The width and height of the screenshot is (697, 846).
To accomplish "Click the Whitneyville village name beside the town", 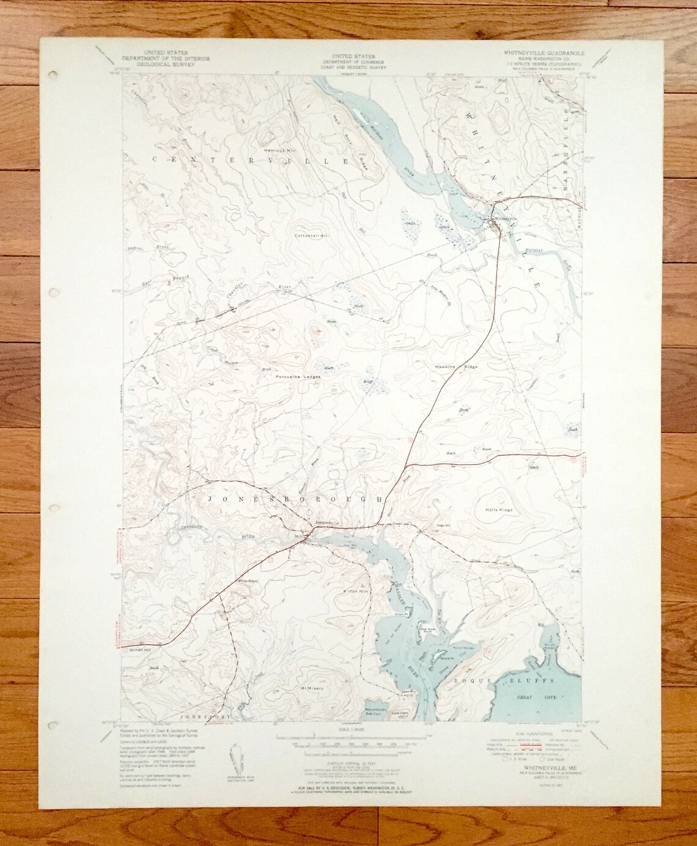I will click(506, 218).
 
